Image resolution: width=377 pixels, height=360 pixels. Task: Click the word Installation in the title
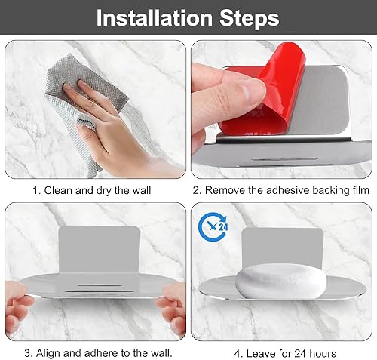coord(155,17)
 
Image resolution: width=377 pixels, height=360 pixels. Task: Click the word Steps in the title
coord(250,19)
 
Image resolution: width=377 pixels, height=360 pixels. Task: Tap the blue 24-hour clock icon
coord(213,227)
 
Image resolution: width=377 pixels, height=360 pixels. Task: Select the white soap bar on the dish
coord(281,281)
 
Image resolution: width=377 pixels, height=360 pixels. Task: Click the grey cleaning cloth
coord(83,100)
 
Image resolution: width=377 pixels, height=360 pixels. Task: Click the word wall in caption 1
coord(142,190)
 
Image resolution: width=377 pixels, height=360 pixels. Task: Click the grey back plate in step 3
coord(100,248)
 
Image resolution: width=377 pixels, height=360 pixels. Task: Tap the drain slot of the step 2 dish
coord(285,159)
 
